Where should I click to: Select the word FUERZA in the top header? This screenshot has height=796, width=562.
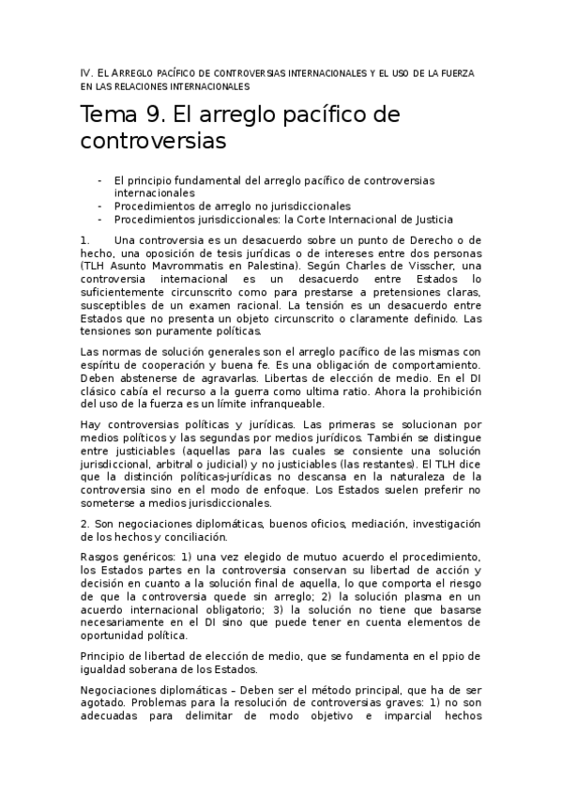pyautogui.click(x=456, y=72)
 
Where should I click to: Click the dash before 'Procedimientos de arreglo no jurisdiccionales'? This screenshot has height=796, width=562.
pyautogui.click(x=99, y=205)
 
